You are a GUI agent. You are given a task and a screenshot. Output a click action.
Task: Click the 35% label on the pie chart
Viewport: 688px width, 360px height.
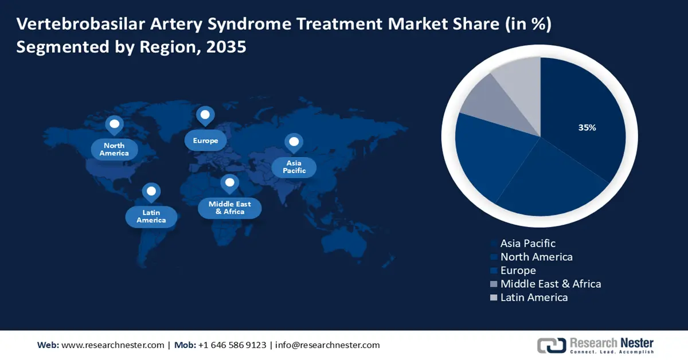587,128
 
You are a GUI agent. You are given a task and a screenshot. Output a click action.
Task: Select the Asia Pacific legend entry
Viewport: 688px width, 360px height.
527,244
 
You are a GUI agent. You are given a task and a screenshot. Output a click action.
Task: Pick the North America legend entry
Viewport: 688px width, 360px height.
536,257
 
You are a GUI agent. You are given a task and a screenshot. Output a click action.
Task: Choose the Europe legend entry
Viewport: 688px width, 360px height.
518,271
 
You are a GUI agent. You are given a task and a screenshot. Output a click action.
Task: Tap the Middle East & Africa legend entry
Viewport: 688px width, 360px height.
550,284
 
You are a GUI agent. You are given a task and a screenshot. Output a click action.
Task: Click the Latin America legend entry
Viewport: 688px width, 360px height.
534,298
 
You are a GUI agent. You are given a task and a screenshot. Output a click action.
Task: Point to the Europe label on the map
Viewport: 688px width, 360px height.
205,140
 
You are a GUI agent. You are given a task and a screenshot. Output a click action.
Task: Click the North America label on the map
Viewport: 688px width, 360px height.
114,150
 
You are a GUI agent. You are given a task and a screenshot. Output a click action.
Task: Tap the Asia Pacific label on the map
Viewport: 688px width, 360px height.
294,167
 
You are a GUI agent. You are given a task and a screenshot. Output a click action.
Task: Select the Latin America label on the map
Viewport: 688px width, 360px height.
151,216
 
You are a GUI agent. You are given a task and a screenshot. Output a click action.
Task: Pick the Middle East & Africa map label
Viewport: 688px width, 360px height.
229,208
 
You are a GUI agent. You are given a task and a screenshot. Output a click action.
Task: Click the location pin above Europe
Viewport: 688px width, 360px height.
205,116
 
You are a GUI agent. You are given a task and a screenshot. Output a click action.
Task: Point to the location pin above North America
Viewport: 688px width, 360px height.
114,124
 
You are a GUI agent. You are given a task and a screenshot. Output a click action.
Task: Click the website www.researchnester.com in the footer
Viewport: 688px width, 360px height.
112,345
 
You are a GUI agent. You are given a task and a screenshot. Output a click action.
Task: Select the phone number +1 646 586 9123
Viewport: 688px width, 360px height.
232,345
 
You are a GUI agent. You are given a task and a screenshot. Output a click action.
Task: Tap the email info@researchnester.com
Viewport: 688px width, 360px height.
327,345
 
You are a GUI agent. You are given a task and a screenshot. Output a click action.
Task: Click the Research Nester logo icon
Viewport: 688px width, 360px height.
551,345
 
